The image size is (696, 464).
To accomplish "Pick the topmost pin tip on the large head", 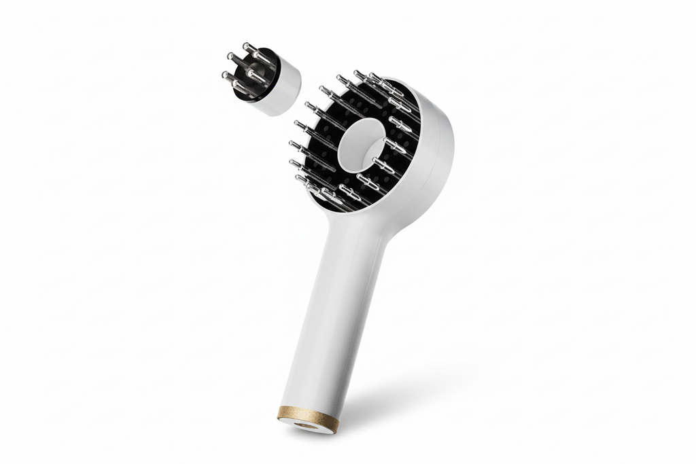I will click(356, 72).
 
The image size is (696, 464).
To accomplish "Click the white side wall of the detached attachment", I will click(285, 88).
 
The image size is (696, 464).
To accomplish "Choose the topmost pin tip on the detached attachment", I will click(246, 46).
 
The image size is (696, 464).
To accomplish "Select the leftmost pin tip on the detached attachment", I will click(224, 75).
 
